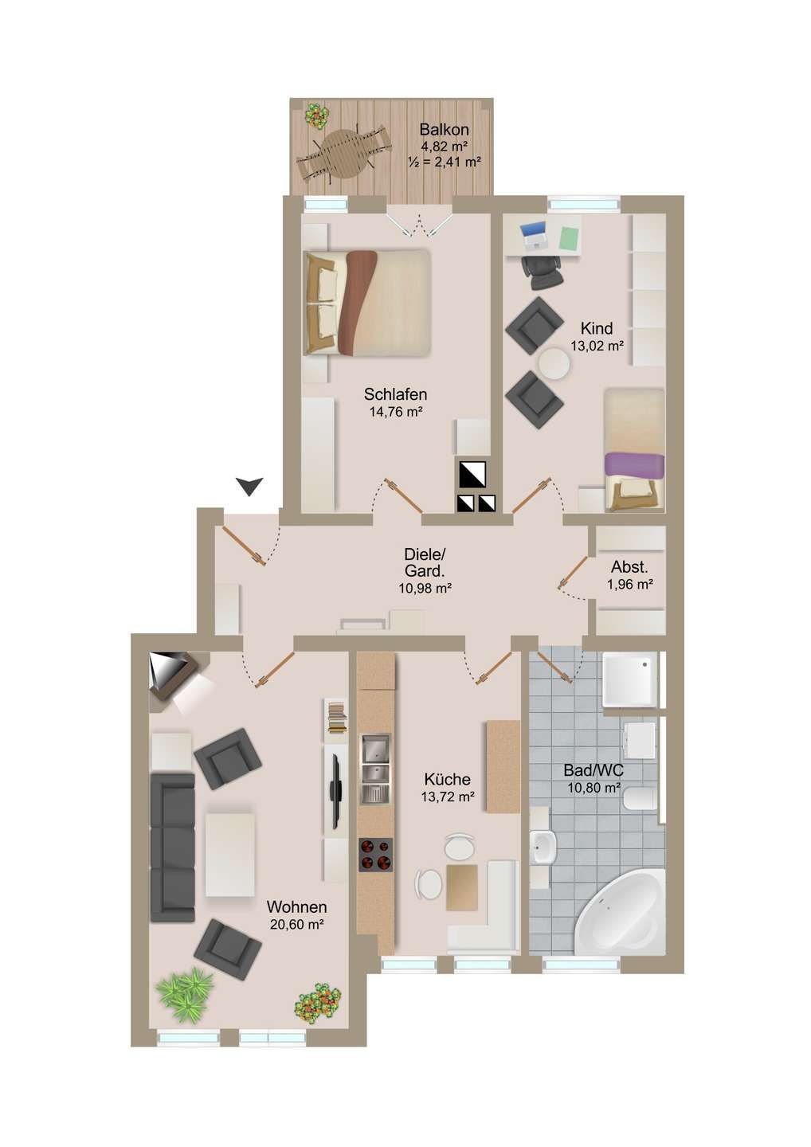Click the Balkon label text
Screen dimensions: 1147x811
tap(444, 130)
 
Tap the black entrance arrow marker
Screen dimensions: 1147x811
tap(249, 486)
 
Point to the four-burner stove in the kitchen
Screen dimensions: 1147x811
tap(376, 855)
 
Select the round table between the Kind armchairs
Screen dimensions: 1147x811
tap(554, 365)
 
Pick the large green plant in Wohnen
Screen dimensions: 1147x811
tap(186, 993)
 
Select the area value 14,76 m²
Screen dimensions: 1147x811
tap(395, 412)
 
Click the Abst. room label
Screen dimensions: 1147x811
tap(629, 568)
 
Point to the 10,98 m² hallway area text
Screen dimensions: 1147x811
tap(425, 589)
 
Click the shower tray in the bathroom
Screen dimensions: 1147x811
tap(629, 679)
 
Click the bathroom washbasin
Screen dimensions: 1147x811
tap(543, 847)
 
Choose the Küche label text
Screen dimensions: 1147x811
tap(447, 780)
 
